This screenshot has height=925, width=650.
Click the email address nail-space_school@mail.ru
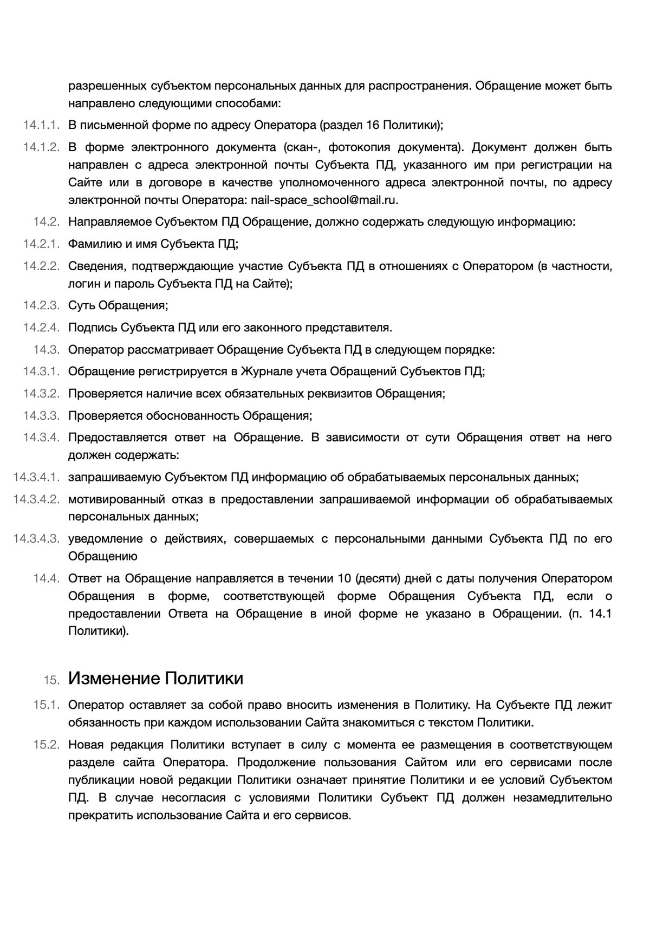324,200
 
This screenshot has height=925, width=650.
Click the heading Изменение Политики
155,679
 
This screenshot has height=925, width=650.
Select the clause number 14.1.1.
41,126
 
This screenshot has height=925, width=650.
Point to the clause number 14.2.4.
41,328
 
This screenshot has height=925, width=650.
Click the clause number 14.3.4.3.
36,539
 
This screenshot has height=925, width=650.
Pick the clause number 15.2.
46,745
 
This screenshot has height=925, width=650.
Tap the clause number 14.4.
46,578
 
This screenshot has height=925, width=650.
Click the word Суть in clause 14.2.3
81,305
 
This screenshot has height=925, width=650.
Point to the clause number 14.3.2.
41,394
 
